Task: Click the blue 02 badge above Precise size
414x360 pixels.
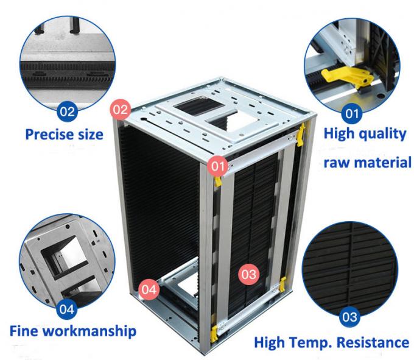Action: (66, 111)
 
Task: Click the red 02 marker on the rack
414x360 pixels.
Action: (121, 110)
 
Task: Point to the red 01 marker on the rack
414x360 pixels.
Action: (217, 165)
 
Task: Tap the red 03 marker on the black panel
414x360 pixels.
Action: (248, 274)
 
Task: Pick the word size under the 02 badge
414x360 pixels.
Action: (89, 133)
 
